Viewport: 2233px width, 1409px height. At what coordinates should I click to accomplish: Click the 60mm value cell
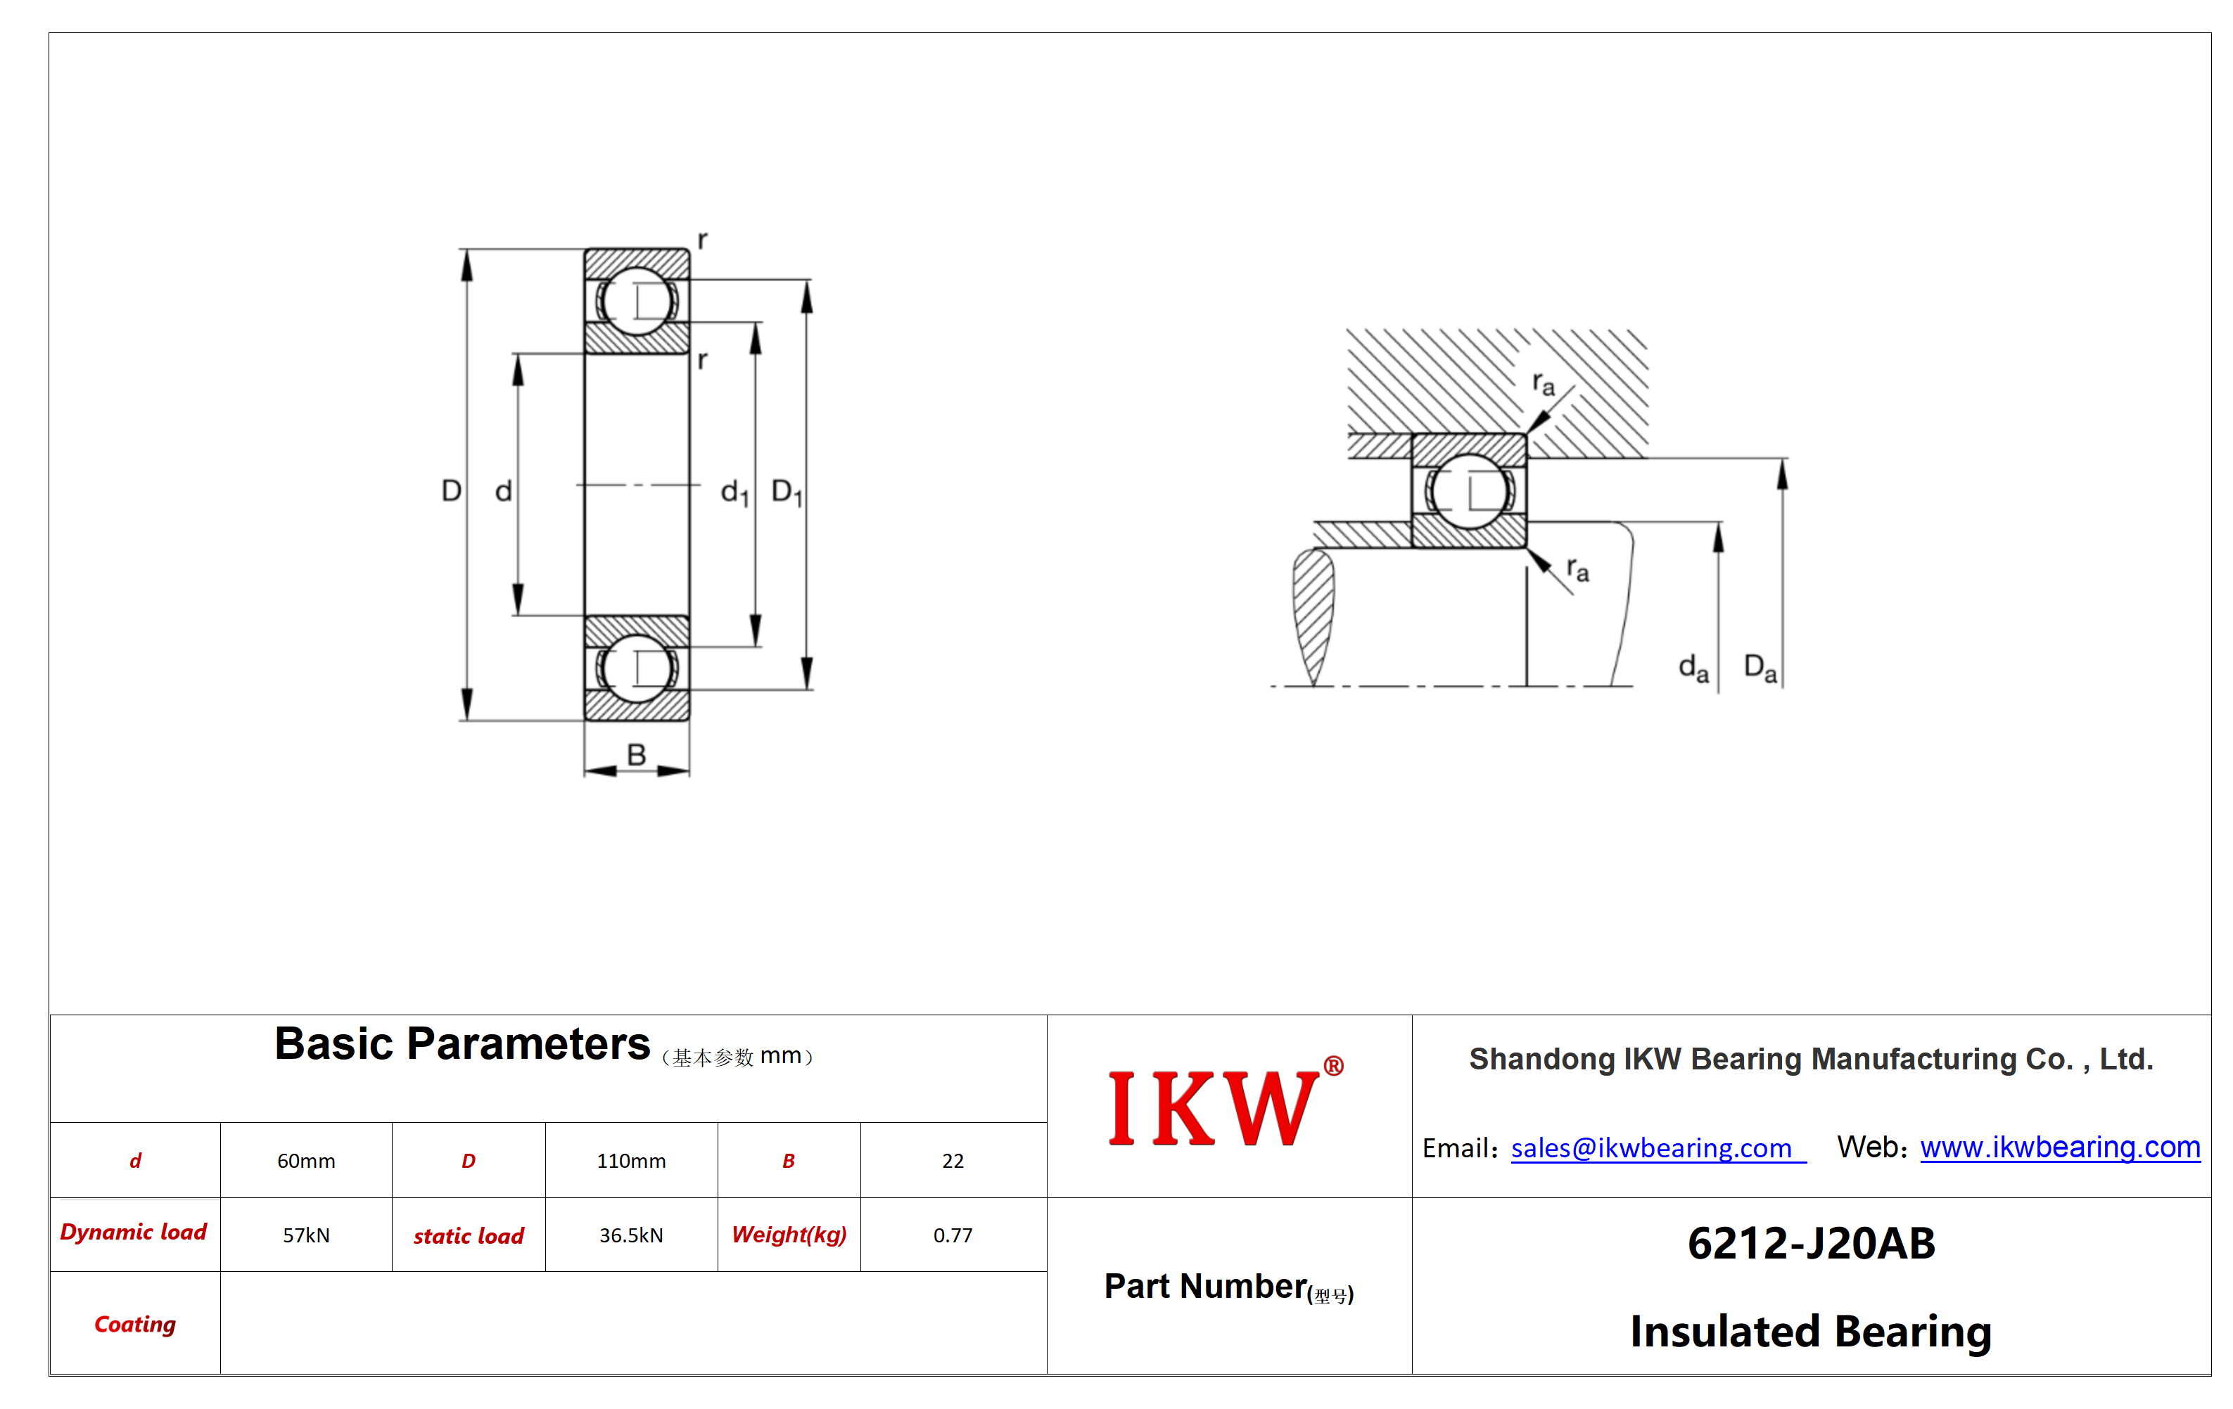click(x=306, y=1161)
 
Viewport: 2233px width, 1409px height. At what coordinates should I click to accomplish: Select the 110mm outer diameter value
click(x=632, y=1161)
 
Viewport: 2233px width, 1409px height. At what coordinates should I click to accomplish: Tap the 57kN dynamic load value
click(x=306, y=1235)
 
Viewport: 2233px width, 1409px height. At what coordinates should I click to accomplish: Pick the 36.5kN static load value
click(x=632, y=1235)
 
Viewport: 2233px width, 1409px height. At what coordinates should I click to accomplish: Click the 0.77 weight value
click(x=953, y=1235)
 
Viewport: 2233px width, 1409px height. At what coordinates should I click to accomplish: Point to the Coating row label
click(x=135, y=1324)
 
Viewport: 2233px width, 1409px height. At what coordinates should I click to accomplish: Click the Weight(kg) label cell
click(x=789, y=1235)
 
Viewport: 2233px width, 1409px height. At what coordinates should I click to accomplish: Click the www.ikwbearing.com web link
click(x=2060, y=1147)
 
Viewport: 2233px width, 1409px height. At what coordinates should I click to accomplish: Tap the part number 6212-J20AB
click(x=1811, y=1244)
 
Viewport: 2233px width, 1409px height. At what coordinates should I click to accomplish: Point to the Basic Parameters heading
click(x=462, y=1045)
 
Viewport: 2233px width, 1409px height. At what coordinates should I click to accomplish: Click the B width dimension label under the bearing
click(x=636, y=754)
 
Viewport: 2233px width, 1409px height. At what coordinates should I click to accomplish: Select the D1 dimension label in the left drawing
click(x=787, y=491)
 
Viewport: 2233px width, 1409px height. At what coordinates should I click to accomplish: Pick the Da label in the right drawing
click(x=1760, y=667)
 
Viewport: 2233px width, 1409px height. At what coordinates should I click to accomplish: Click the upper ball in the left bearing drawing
click(x=636, y=300)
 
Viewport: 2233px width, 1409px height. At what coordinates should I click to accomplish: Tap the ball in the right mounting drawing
click(x=1469, y=491)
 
